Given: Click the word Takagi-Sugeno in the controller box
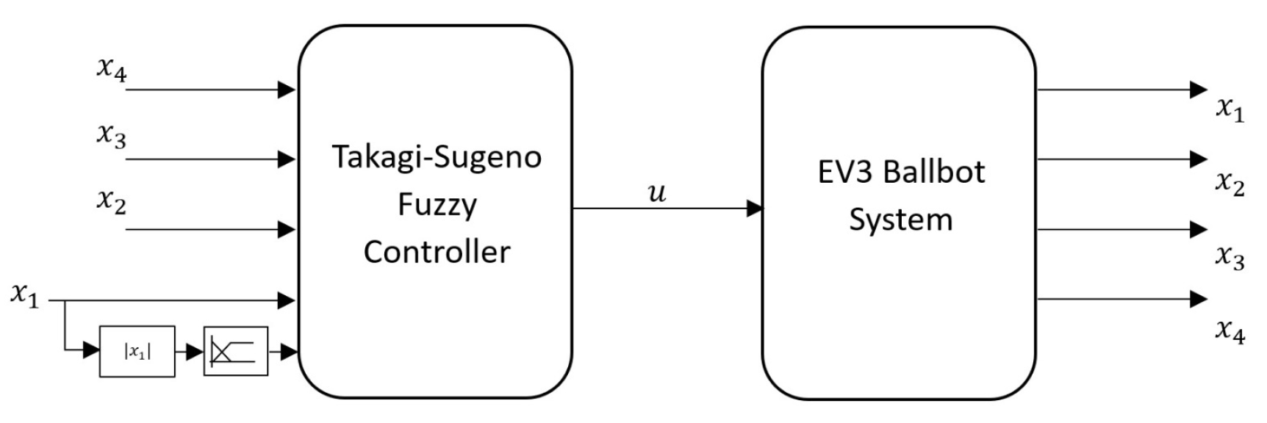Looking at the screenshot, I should tap(437, 157).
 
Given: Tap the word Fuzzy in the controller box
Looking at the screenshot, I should tap(437, 205).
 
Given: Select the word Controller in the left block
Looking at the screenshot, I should tap(437, 252).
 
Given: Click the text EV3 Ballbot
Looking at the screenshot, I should tap(901, 172).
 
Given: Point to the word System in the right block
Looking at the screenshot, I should tap(901, 220).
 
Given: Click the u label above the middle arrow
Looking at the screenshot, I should tap(656, 193).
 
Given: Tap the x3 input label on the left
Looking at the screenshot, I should tap(112, 137).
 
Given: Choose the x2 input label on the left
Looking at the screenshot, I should tap(112, 200).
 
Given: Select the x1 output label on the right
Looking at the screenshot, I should tap(1230, 109).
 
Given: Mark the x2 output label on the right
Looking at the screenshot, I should tap(1230, 183).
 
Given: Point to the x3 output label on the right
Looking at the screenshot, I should tap(1230, 256).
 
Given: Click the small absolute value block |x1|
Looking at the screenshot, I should tap(137, 352).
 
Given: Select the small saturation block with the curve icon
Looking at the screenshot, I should tap(236, 352).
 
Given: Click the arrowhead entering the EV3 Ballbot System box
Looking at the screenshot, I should tap(755, 209).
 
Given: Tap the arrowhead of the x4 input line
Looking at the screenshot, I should tap(287, 90).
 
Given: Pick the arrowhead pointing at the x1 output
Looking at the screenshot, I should tap(1198, 90).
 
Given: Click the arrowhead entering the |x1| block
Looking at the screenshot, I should tap(91, 351).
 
